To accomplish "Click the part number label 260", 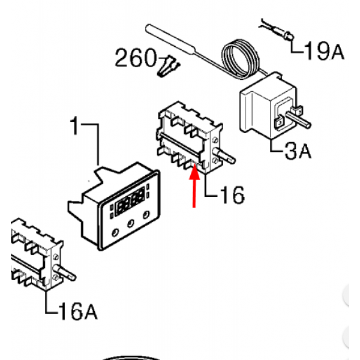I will [136, 59].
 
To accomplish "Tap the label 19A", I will [324, 52].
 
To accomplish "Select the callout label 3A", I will [298, 151].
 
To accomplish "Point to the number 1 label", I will [75, 127].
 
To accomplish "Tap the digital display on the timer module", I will [131, 202].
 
